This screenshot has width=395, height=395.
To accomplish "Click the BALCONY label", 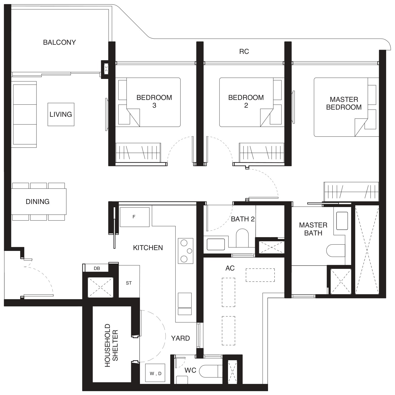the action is (x=59, y=43).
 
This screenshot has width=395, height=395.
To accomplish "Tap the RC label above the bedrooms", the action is (x=244, y=51).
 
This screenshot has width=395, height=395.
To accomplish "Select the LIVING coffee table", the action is (x=61, y=114).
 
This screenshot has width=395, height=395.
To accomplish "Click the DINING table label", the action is (x=38, y=202).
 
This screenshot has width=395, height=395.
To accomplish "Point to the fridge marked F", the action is (x=134, y=217).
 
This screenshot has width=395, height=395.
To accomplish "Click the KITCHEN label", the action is (x=148, y=248).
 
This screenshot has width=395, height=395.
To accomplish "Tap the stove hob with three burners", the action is (x=185, y=251).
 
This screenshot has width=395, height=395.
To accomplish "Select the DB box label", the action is (x=97, y=269).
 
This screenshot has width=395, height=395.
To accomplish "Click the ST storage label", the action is (x=129, y=283).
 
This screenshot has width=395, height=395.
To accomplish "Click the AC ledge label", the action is (x=230, y=268).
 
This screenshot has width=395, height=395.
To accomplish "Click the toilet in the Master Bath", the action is (x=335, y=251).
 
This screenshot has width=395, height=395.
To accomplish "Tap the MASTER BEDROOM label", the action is (x=344, y=103).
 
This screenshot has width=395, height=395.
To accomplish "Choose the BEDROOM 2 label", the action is (x=246, y=101).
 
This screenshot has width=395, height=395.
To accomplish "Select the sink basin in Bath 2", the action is (x=216, y=244).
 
